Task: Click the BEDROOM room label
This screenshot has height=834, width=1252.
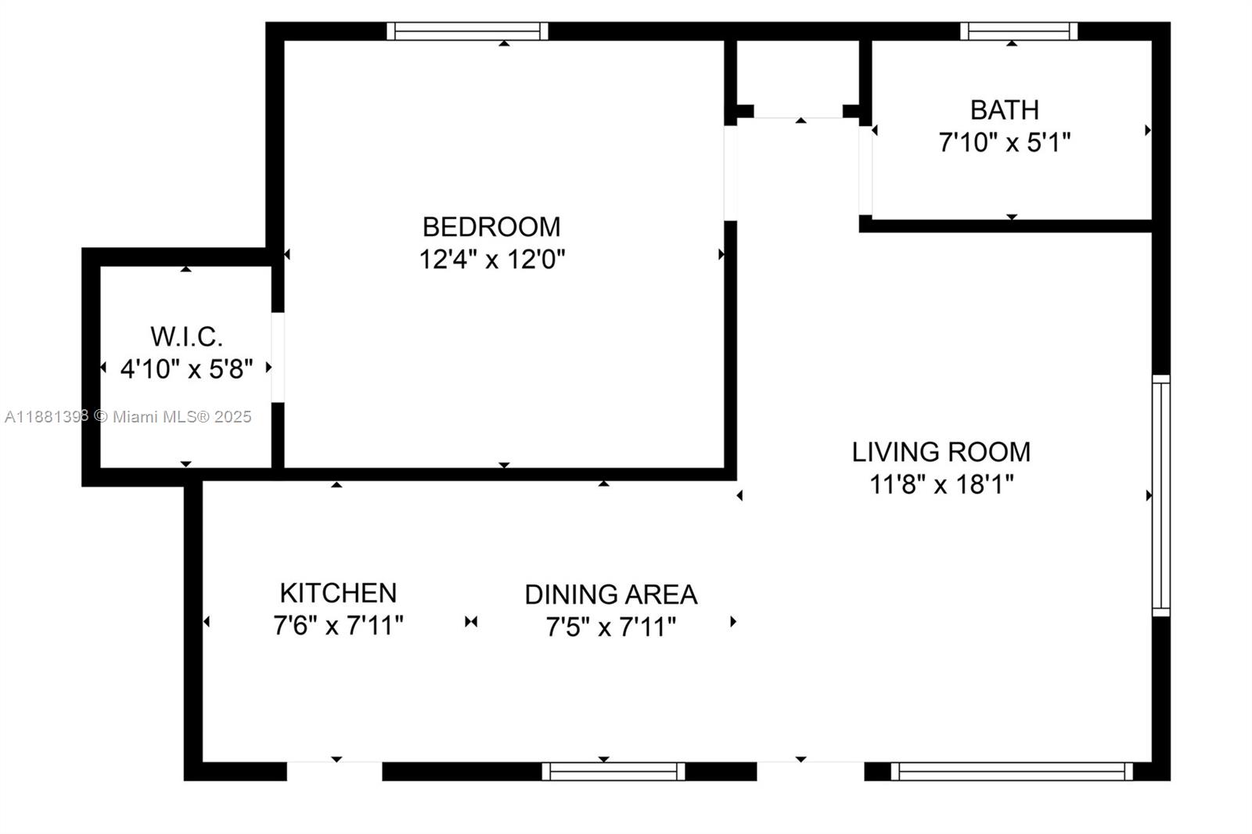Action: point(491,227)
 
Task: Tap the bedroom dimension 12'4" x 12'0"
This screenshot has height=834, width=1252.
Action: point(491,259)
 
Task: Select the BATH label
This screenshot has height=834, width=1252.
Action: point(1004,110)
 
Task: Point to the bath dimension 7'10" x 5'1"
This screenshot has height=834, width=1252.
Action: point(1004,143)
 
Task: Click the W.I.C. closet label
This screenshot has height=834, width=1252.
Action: point(186,337)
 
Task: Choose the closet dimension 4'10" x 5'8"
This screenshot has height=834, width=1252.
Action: point(186,368)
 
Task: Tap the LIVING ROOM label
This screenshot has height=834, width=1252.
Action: point(941,452)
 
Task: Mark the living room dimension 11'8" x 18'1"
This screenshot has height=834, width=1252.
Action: point(941,485)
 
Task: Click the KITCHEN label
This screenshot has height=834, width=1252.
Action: point(338,593)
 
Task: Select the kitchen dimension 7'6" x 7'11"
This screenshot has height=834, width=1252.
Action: point(338,626)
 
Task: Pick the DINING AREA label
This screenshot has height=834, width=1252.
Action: point(610,595)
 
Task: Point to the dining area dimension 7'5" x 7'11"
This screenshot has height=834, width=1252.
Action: point(610,627)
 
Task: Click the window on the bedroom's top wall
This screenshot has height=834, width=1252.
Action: point(467,31)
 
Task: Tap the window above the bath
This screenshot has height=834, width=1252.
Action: point(1019,31)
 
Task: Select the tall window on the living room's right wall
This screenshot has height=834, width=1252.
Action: point(1160,495)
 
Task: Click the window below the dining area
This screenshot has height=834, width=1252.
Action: point(613,771)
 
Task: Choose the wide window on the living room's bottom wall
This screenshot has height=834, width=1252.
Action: point(1011,771)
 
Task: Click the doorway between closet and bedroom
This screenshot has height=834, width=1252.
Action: point(278,358)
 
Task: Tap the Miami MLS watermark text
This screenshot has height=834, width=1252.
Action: point(128,417)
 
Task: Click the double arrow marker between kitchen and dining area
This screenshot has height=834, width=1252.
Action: point(471,622)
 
